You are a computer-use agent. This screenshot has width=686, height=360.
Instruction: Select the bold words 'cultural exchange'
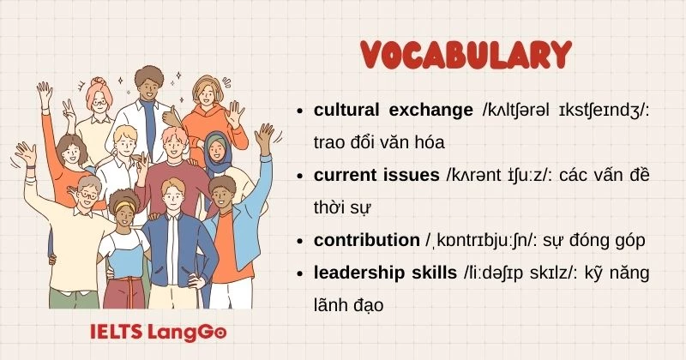pyautogui.click(x=394, y=111)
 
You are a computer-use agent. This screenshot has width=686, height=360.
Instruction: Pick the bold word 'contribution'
pyautogui.click(x=365, y=241)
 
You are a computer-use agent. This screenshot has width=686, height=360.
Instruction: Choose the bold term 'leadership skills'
pyautogui.click(x=385, y=273)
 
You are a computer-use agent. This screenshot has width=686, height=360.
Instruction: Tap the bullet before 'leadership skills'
pyautogui.click(x=298, y=274)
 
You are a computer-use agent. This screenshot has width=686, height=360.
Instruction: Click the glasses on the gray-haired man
pyautogui.click(x=87, y=195)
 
